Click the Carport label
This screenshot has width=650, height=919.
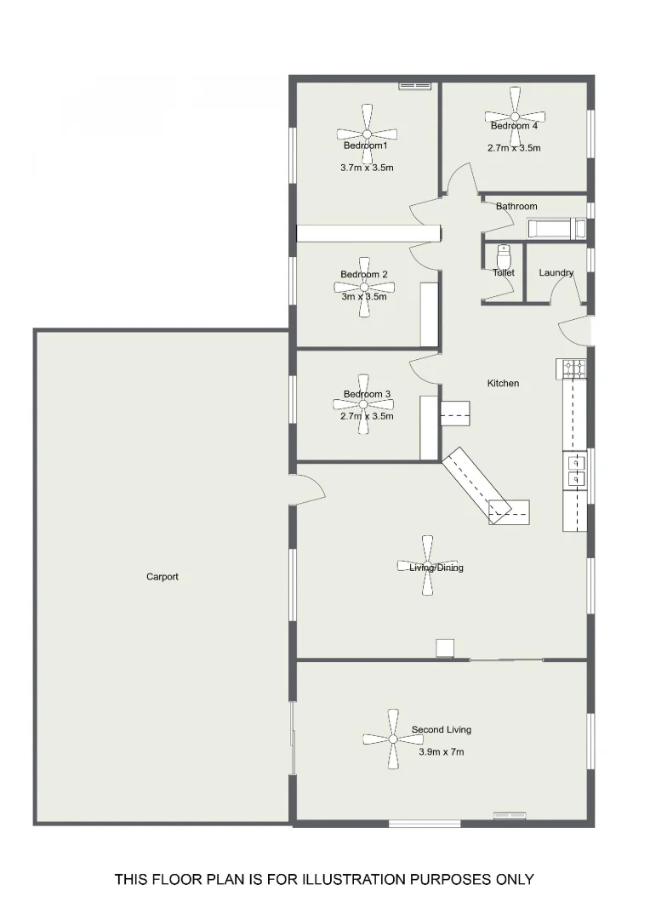click(162, 577)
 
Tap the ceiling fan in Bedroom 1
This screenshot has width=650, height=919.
click(367, 134)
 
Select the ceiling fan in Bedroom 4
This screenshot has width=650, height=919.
click(515, 117)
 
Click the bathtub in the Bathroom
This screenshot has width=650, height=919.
click(556, 228)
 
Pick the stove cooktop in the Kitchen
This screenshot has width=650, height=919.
click(573, 368)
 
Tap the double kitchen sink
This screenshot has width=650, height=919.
click(575, 471)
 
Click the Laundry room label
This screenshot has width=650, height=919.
click(556, 273)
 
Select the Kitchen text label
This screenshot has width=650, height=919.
click(503, 384)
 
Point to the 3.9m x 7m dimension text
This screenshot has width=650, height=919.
click(442, 752)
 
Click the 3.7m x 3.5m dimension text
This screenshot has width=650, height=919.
click(367, 168)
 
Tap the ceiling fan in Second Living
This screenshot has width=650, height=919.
click(393, 739)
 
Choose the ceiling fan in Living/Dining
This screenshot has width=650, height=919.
click(427, 566)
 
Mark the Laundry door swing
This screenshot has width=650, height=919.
click(567, 292)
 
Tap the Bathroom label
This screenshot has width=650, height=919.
click(516, 207)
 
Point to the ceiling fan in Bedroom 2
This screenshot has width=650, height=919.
click(365, 288)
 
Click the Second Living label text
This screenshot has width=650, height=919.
click(442, 730)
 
